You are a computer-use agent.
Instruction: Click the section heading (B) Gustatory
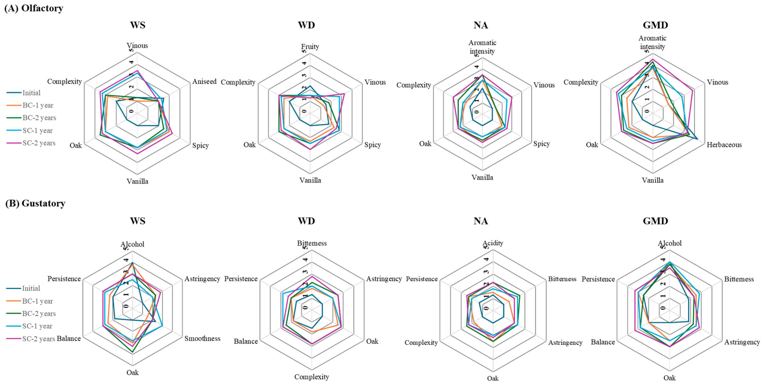click(x=35, y=203)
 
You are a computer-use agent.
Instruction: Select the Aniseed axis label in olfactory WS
click(x=204, y=81)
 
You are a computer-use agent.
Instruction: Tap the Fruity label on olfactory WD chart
click(x=310, y=46)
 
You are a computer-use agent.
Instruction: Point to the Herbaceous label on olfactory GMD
click(x=724, y=145)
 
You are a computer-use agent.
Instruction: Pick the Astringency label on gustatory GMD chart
click(x=742, y=342)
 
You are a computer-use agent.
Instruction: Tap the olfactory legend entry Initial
click(x=31, y=93)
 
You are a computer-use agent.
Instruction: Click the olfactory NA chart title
click(x=481, y=25)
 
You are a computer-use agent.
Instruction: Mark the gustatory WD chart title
click(x=306, y=221)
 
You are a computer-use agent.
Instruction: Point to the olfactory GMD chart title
click(x=655, y=25)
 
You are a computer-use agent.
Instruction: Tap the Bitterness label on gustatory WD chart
click(x=312, y=243)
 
